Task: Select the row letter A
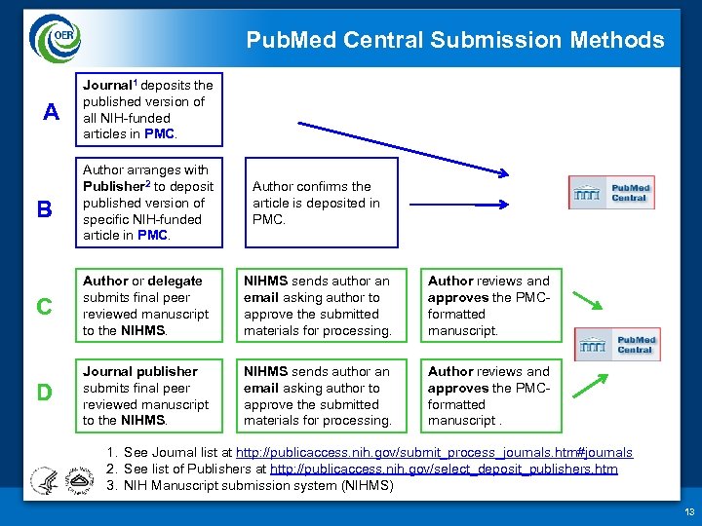coord(53,113)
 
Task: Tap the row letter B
coord(44,209)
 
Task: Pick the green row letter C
coord(44,306)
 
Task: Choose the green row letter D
coord(44,393)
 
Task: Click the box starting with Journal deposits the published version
coord(147,109)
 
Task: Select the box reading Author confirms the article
coord(321,203)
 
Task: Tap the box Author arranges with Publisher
coord(147,203)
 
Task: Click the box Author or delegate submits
coord(147,306)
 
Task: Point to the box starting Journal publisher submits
coord(147,395)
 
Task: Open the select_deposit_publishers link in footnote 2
coord(444,469)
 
